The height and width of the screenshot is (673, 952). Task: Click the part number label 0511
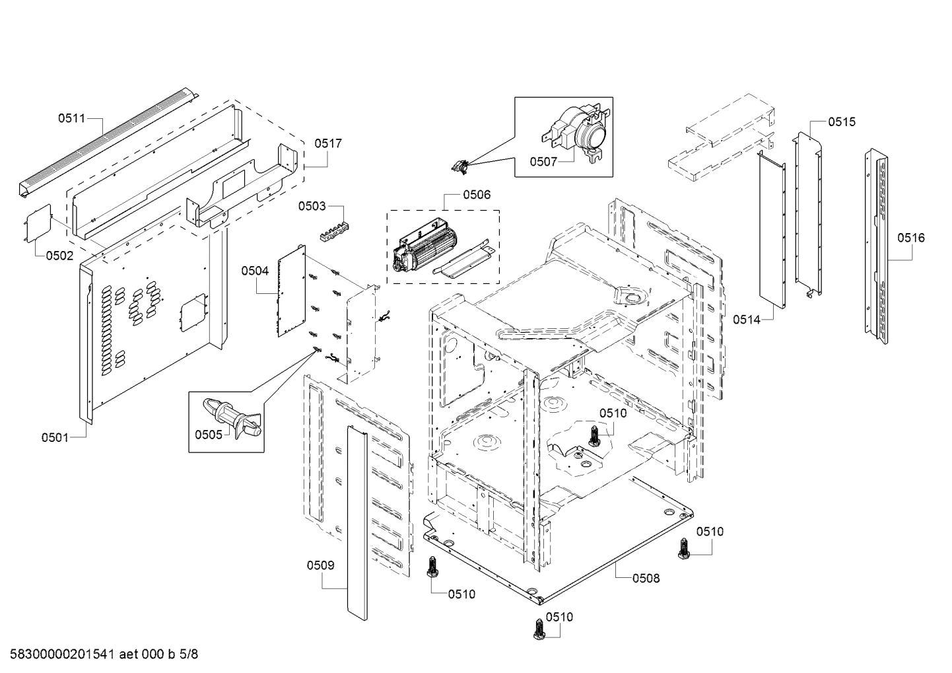click(71, 118)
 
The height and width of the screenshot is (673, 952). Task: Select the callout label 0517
click(327, 143)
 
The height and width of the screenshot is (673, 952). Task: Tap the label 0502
click(59, 256)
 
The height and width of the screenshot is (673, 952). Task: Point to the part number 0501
click(55, 437)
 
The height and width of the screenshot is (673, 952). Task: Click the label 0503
click(312, 206)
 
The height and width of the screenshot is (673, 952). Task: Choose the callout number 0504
click(255, 270)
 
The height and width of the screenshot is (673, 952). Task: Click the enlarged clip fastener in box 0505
click(234, 418)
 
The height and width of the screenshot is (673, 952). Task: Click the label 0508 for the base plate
click(646, 578)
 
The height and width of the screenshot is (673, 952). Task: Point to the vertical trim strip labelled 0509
click(356, 522)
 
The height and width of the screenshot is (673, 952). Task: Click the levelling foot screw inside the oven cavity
click(594, 436)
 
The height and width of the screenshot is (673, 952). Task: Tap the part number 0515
click(842, 122)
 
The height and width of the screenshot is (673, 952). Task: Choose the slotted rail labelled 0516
click(877, 244)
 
